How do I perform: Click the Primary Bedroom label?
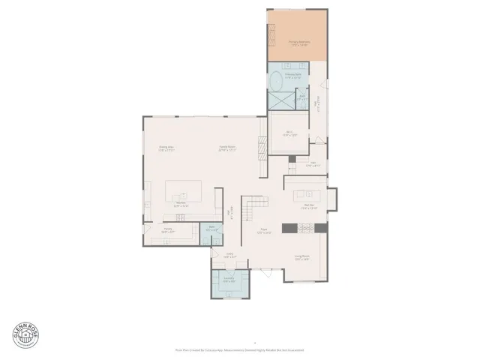(298, 44)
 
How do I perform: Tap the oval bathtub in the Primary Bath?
(275, 82)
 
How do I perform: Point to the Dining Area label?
(166, 148)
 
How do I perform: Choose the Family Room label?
(227, 148)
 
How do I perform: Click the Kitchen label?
(181, 203)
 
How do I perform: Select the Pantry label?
(158, 230)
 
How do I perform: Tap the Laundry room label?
(229, 280)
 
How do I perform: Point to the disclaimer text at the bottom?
(239, 349)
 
